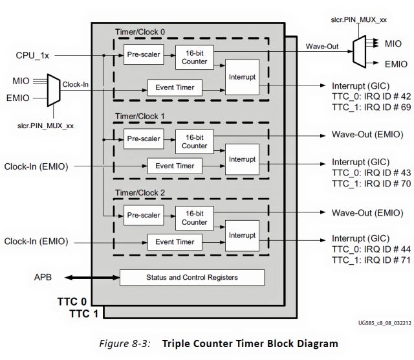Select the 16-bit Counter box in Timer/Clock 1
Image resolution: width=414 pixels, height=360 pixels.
194,141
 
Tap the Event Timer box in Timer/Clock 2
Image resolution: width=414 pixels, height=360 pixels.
175,242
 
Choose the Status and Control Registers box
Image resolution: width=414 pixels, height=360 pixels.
193,277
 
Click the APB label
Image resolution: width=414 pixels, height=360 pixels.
43,277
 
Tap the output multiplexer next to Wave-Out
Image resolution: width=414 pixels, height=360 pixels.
358,51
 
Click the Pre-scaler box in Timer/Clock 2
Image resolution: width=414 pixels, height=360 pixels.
144,216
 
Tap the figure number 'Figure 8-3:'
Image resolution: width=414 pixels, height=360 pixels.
125,342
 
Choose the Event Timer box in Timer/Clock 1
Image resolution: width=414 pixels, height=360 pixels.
175,166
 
